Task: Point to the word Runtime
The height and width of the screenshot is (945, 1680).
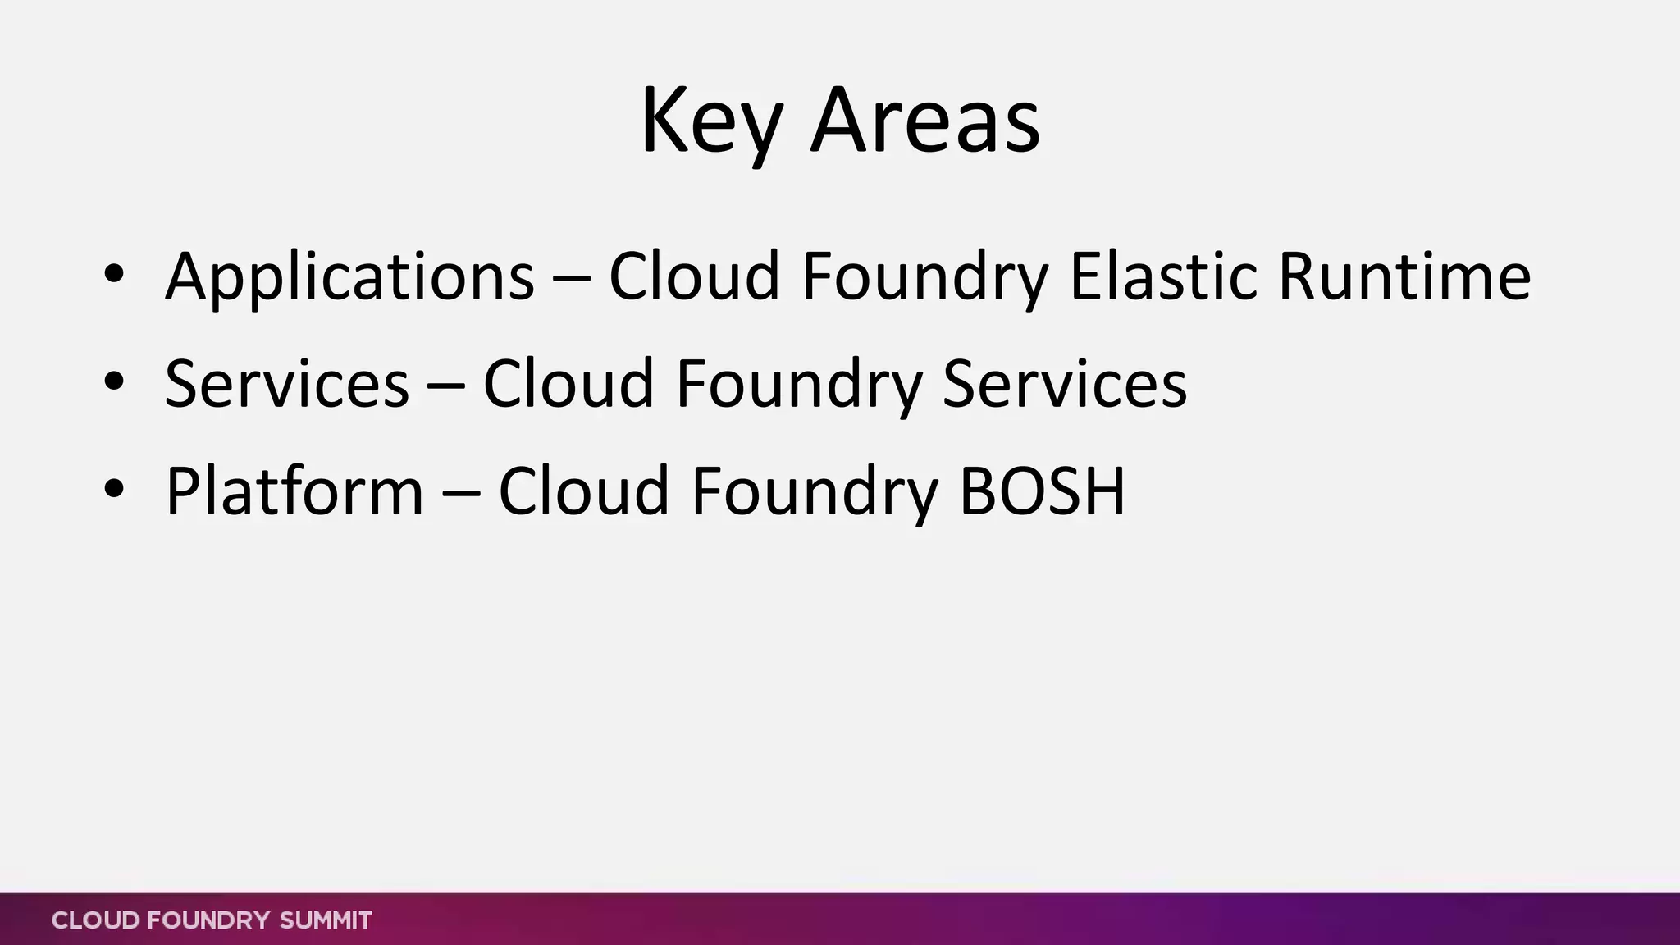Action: pyautogui.click(x=1404, y=276)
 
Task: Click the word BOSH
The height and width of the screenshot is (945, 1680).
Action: pyautogui.click(x=1042, y=491)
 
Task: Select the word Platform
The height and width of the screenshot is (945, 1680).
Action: pyautogui.click(x=294, y=491)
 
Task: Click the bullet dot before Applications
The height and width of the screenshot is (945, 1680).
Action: pyautogui.click(x=114, y=273)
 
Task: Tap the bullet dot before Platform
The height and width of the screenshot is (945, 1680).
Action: pyautogui.click(x=114, y=488)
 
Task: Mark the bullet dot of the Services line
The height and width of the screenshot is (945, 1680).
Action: pyautogui.click(x=114, y=381)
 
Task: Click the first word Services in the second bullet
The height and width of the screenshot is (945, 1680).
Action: pyautogui.click(x=286, y=384)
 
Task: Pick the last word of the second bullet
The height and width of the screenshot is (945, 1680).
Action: pyautogui.click(x=1064, y=384)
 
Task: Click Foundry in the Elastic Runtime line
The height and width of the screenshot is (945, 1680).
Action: pyautogui.click(x=924, y=276)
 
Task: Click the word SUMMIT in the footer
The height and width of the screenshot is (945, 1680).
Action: pyautogui.click(x=326, y=920)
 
